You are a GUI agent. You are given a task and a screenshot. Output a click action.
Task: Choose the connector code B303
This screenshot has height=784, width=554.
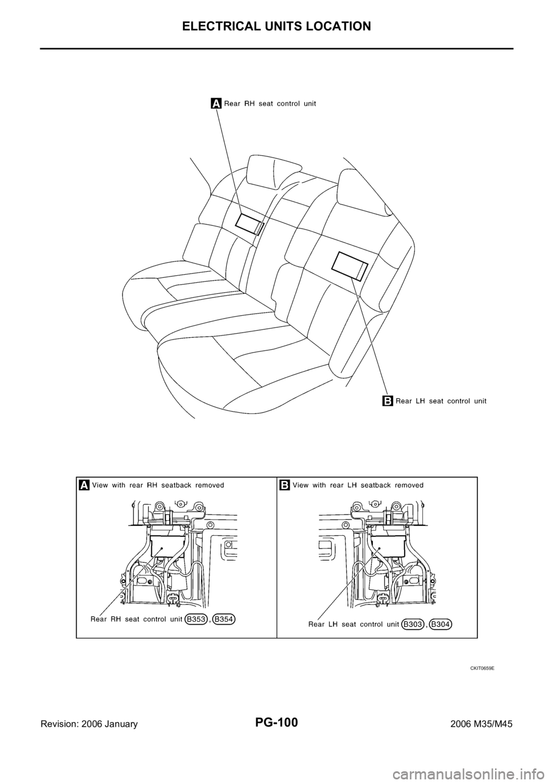pos(413,624)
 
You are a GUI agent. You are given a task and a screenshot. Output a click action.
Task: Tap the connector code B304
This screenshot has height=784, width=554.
pos(441,624)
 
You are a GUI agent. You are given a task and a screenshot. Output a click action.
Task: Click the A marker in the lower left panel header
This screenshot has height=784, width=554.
pos(84,486)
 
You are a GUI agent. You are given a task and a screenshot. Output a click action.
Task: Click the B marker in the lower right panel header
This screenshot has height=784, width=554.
pos(285,486)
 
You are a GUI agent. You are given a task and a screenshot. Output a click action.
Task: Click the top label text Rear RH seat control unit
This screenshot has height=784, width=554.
pos(270,103)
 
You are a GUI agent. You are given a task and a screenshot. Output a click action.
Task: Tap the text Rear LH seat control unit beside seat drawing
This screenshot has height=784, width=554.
pos(441,401)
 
